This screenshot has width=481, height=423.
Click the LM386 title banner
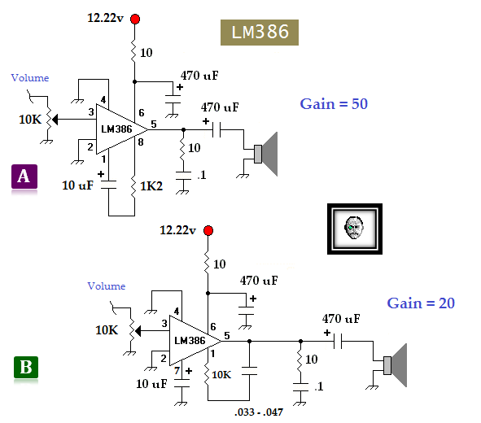coord(260,32)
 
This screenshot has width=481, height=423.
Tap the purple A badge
coord(24,177)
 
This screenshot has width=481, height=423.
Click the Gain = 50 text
coord(335,103)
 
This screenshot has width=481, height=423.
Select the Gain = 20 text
coord(420,303)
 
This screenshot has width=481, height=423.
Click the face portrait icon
coord(352,228)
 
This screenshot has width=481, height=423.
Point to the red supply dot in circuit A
coord(134,19)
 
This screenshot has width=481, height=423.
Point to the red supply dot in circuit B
coord(208,231)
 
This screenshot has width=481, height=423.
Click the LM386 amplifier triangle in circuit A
coord(118,129)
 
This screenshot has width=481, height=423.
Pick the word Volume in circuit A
coord(30,78)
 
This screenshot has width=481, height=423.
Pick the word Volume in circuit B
coord(107,286)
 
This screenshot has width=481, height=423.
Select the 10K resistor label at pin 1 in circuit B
coord(222,375)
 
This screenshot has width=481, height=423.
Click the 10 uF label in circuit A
coord(79,185)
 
